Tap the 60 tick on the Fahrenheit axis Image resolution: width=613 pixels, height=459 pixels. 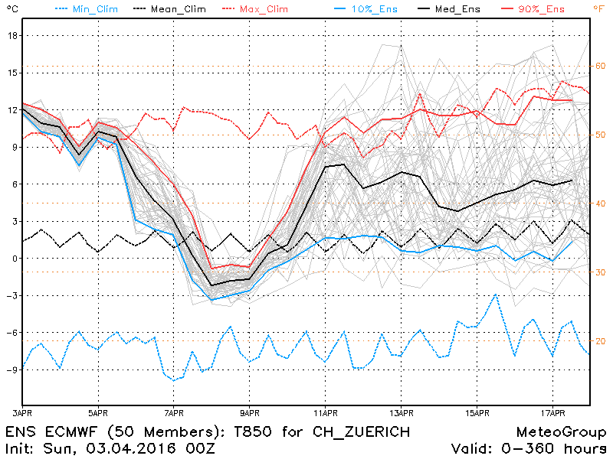click(x=600, y=67)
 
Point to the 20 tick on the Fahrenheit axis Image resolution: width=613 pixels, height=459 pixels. click(x=600, y=341)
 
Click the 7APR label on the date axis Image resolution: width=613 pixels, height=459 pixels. click(x=174, y=413)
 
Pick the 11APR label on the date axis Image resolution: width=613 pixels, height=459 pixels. click(x=326, y=413)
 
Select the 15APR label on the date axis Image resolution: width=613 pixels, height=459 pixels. click(x=477, y=413)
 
